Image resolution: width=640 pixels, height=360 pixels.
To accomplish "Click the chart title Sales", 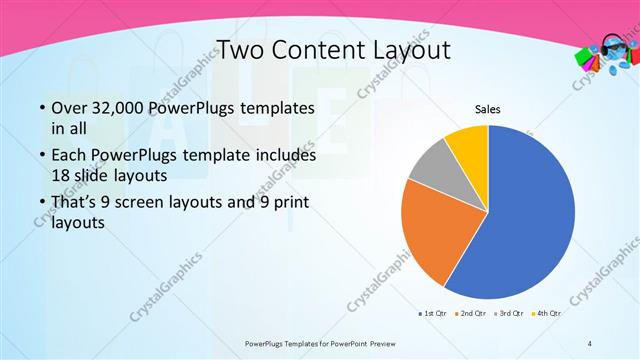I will (x=487, y=109).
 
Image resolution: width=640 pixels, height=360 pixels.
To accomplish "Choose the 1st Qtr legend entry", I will (x=432, y=314).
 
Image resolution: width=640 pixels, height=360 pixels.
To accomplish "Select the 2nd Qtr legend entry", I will (x=473, y=314).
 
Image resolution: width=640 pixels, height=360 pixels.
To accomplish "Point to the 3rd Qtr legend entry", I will (x=511, y=314).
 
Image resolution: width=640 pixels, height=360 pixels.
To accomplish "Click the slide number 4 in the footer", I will (x=589, y=343).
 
